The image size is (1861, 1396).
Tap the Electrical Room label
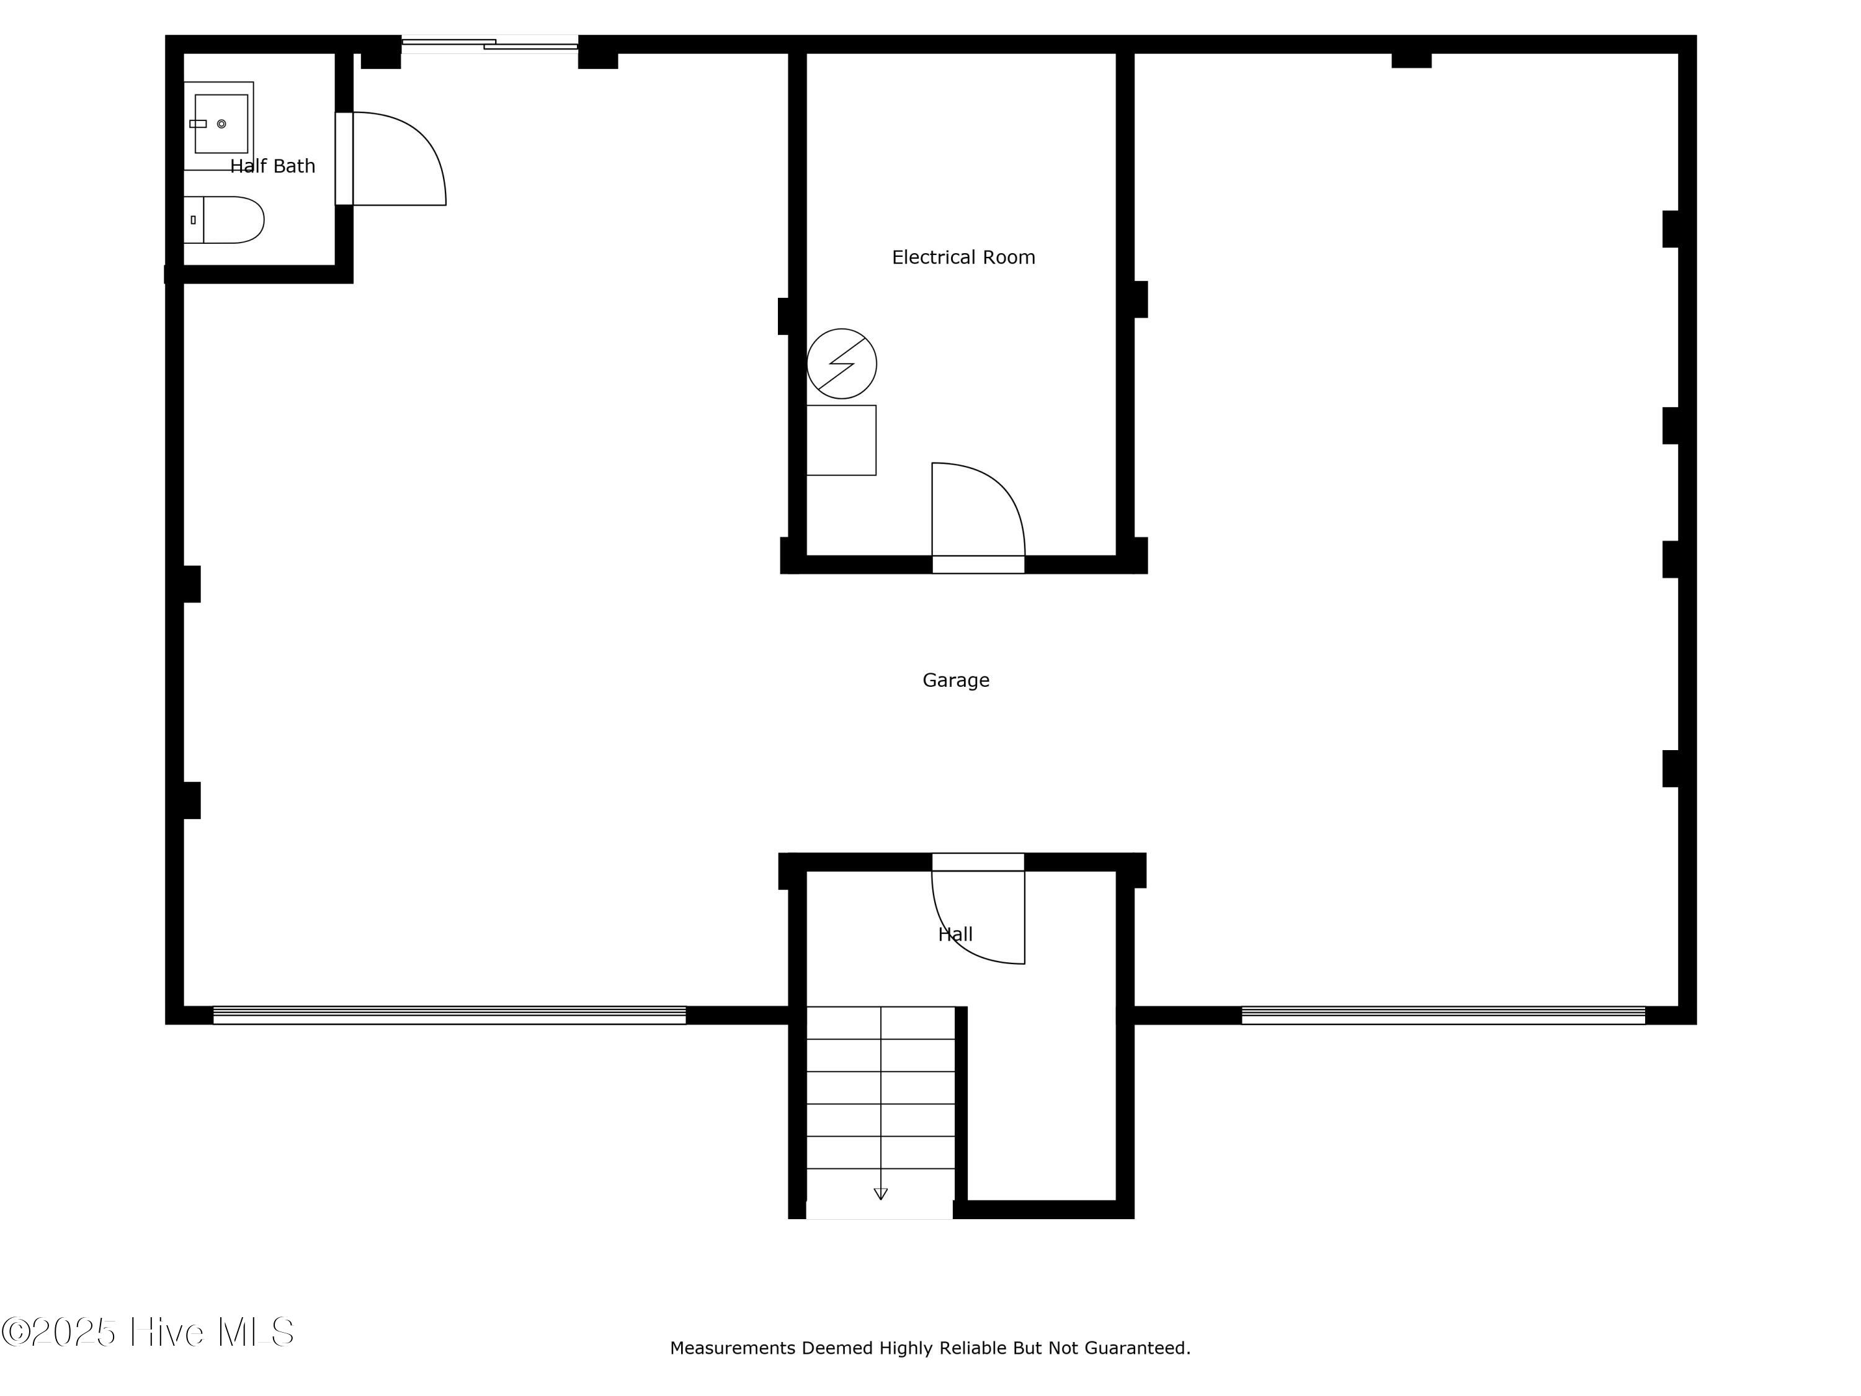(963, 257)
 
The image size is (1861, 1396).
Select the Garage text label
(956, 680)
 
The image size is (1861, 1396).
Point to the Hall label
(955, 934)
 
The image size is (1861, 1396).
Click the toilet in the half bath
(224, 220)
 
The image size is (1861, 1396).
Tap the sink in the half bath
(219, 125)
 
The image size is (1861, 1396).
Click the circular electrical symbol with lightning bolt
(841, 364)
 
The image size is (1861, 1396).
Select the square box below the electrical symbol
(841, 440)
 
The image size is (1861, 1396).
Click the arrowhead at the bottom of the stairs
(881, 1193)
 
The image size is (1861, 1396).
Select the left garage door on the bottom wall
(449, 1015)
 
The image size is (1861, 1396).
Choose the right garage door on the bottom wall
(1443, 1015)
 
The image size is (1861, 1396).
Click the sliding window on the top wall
(489, 44)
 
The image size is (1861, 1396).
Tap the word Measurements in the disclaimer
(733, 1348)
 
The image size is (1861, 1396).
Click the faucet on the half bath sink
(199, 123)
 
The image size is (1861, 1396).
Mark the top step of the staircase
(881, 1022)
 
